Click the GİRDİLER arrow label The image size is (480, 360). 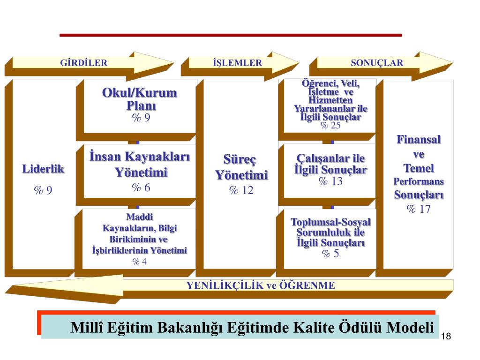(84, 63)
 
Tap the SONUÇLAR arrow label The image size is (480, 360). (377, 63)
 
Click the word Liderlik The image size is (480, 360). (43, 169)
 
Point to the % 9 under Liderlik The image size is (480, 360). (43, 190)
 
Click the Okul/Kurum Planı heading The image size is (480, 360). (140, 99)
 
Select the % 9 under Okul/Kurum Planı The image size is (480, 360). (141, 118)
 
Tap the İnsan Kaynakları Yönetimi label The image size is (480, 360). (140, 165)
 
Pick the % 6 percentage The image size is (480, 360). (141, 188)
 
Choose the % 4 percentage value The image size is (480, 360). (140, 262)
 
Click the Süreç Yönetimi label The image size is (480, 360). (241, 168)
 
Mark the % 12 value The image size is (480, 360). (241, 190)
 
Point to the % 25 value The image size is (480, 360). (330, 125)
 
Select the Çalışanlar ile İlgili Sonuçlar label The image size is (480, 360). (330, 164)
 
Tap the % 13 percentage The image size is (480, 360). (330, 181)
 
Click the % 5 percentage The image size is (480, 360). (330, 254)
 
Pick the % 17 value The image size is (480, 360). (419, 209)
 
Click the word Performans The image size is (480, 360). (419, 181)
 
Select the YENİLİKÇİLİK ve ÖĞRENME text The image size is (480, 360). (261, 285)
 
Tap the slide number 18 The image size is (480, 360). (446, 337)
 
